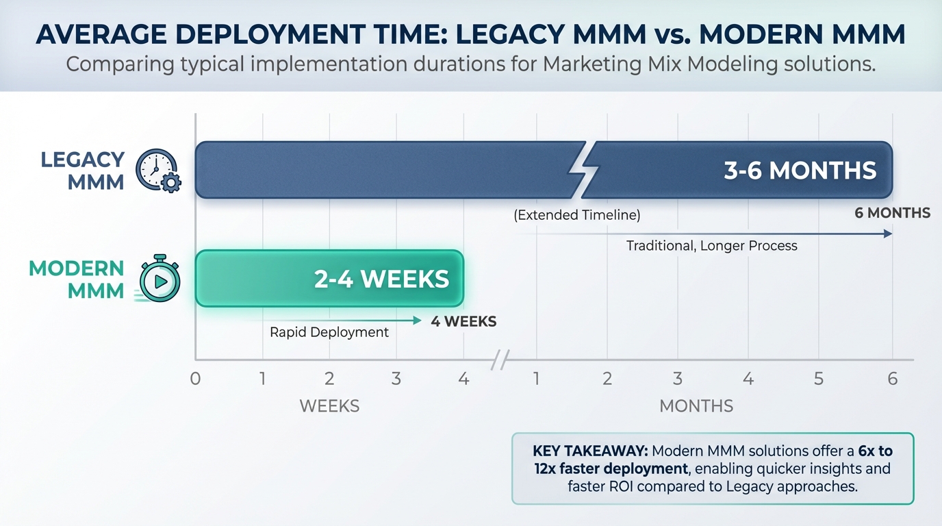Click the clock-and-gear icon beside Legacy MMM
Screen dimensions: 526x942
click(158, 171)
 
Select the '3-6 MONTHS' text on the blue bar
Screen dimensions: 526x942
click(800, 171)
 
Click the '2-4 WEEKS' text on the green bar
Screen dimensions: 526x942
click(381, 279)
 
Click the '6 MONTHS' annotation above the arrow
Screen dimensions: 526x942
click(892, 213)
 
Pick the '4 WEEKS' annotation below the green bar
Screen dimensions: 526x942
click(463, 321)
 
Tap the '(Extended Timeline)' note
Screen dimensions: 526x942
click(577, 215)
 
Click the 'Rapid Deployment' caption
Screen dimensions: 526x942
click(329, 332)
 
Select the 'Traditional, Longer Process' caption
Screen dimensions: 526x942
click(711, 245)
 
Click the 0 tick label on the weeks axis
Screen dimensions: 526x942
click(196, 378)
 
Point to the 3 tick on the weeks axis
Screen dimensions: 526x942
click(396, 378)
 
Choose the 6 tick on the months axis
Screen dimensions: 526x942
click(892, 378)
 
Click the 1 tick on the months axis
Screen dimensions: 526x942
click(536, 378)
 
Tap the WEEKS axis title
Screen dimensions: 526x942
click(329, 406)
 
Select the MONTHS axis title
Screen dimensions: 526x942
click(696, 406)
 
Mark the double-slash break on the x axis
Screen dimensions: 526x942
click(501, 359)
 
